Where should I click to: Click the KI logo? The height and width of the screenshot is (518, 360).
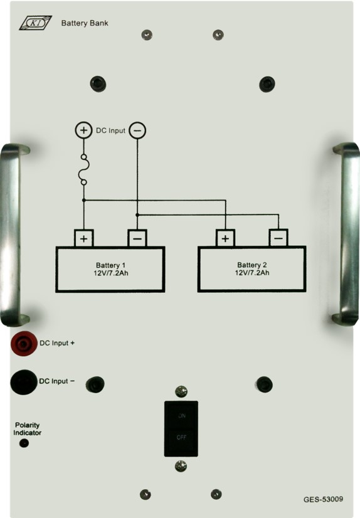click(35, 23)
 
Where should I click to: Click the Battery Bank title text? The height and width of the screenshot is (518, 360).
click(85, 23)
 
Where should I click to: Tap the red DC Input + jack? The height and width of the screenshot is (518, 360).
click(24, 344)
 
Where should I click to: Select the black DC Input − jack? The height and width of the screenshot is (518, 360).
click(24, 382)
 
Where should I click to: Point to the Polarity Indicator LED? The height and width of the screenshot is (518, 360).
click(24, 443)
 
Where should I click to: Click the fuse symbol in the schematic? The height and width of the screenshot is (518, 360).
click(84, 169)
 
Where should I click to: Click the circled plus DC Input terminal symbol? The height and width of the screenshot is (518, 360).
click(83, 130)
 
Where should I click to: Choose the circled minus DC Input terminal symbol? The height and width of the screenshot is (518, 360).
click(137, 130)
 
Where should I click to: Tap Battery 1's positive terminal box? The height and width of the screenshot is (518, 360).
click(83, 238)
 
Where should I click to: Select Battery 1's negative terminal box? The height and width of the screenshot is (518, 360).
click(137, 238)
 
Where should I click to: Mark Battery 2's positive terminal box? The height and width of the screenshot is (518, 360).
click(226, 238)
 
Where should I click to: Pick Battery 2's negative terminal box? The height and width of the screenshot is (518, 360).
click(278, 238)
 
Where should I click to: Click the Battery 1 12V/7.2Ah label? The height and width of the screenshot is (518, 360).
click(110, 269)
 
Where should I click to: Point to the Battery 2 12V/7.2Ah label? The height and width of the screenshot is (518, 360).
click(252, 268)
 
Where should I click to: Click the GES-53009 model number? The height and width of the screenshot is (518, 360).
click(324, 499)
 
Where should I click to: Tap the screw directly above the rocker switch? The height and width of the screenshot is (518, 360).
click(181, 391)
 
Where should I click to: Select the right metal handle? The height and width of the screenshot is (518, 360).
click(347, 234)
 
